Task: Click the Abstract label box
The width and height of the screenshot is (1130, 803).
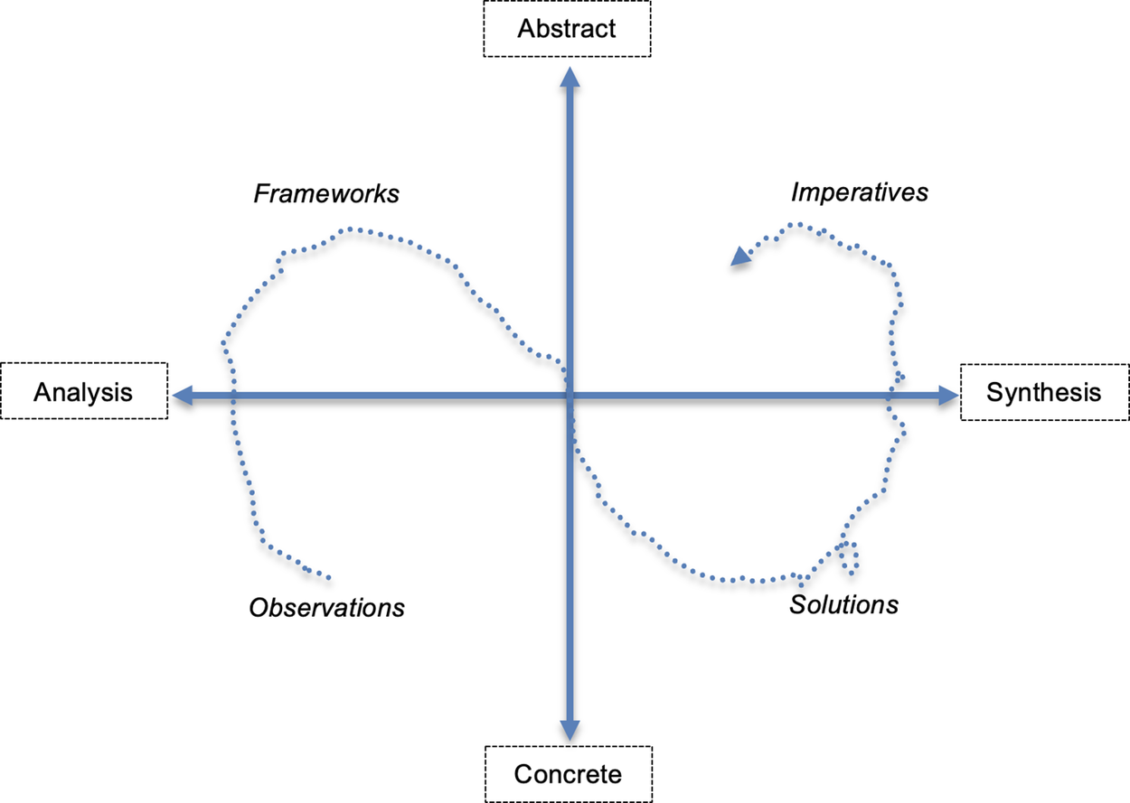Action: (x=566, y=28)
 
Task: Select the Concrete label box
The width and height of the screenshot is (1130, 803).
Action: (x=568, y=774)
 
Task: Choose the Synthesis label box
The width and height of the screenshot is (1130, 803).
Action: (x=1044, y=392)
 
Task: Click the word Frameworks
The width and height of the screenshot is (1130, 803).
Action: (x=326, y=194)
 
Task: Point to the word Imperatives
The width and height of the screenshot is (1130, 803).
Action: (x=859, y=192)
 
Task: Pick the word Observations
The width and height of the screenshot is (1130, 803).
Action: (x=326, y=607)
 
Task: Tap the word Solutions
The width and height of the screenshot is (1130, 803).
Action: (x=844, y=604)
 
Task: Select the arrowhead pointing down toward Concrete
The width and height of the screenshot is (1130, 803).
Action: (x=569, y=730)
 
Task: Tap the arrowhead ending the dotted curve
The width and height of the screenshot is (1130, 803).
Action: (x=740, y=257)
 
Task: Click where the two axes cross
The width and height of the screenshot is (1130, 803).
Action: (x=569, y=395)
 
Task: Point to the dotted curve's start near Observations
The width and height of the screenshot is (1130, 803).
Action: (x=328, y=578)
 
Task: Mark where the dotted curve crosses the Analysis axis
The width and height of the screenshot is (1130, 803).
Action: (x=232, y=395)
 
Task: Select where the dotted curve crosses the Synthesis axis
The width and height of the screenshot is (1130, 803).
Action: (x=889, y=395)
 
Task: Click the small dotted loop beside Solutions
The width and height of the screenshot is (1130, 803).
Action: (x=848, y=553)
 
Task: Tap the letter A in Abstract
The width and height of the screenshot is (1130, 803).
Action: (x=525, y=28)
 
